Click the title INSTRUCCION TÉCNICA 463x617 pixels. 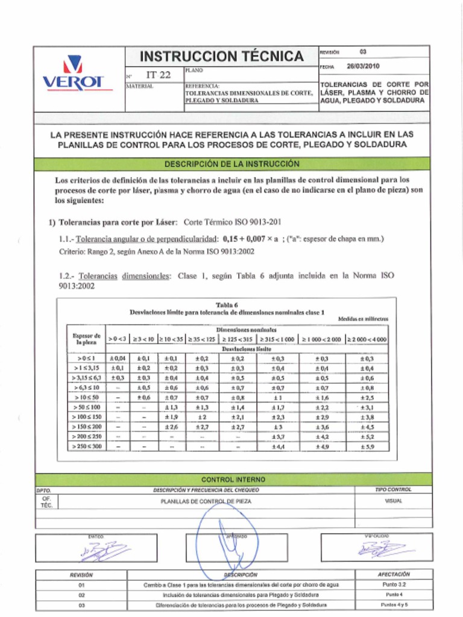pyautogui.click(x=221, y=57)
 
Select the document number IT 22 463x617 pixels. pyautogui.click(x=159, y=75)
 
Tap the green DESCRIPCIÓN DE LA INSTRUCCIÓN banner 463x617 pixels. pyautogui.click(x=231, y=164)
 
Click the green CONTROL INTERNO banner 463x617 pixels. pyautogui.click(x=231, y=480)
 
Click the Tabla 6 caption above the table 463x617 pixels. pyautogui.click(x=227, y=305)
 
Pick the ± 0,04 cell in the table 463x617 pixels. pyautogui.click(x=118, y=359)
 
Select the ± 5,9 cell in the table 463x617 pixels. pyautogui.click(x=367, y=446)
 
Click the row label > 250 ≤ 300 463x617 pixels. pyautogui.click(x=86, y=446)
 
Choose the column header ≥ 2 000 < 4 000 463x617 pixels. pyautogui.click(x=367, y=339)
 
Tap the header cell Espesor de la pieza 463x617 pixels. pyautogui.click(x=86, y=339)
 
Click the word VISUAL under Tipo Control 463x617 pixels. pyautogui.click(x=393, y=501)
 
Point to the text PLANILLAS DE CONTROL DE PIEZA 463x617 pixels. pyautogui.click(x=206, y=501)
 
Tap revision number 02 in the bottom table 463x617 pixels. pyautogui.click(x=81, y=595)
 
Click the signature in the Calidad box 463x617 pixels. pyautogui.click(x=384, y=548)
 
